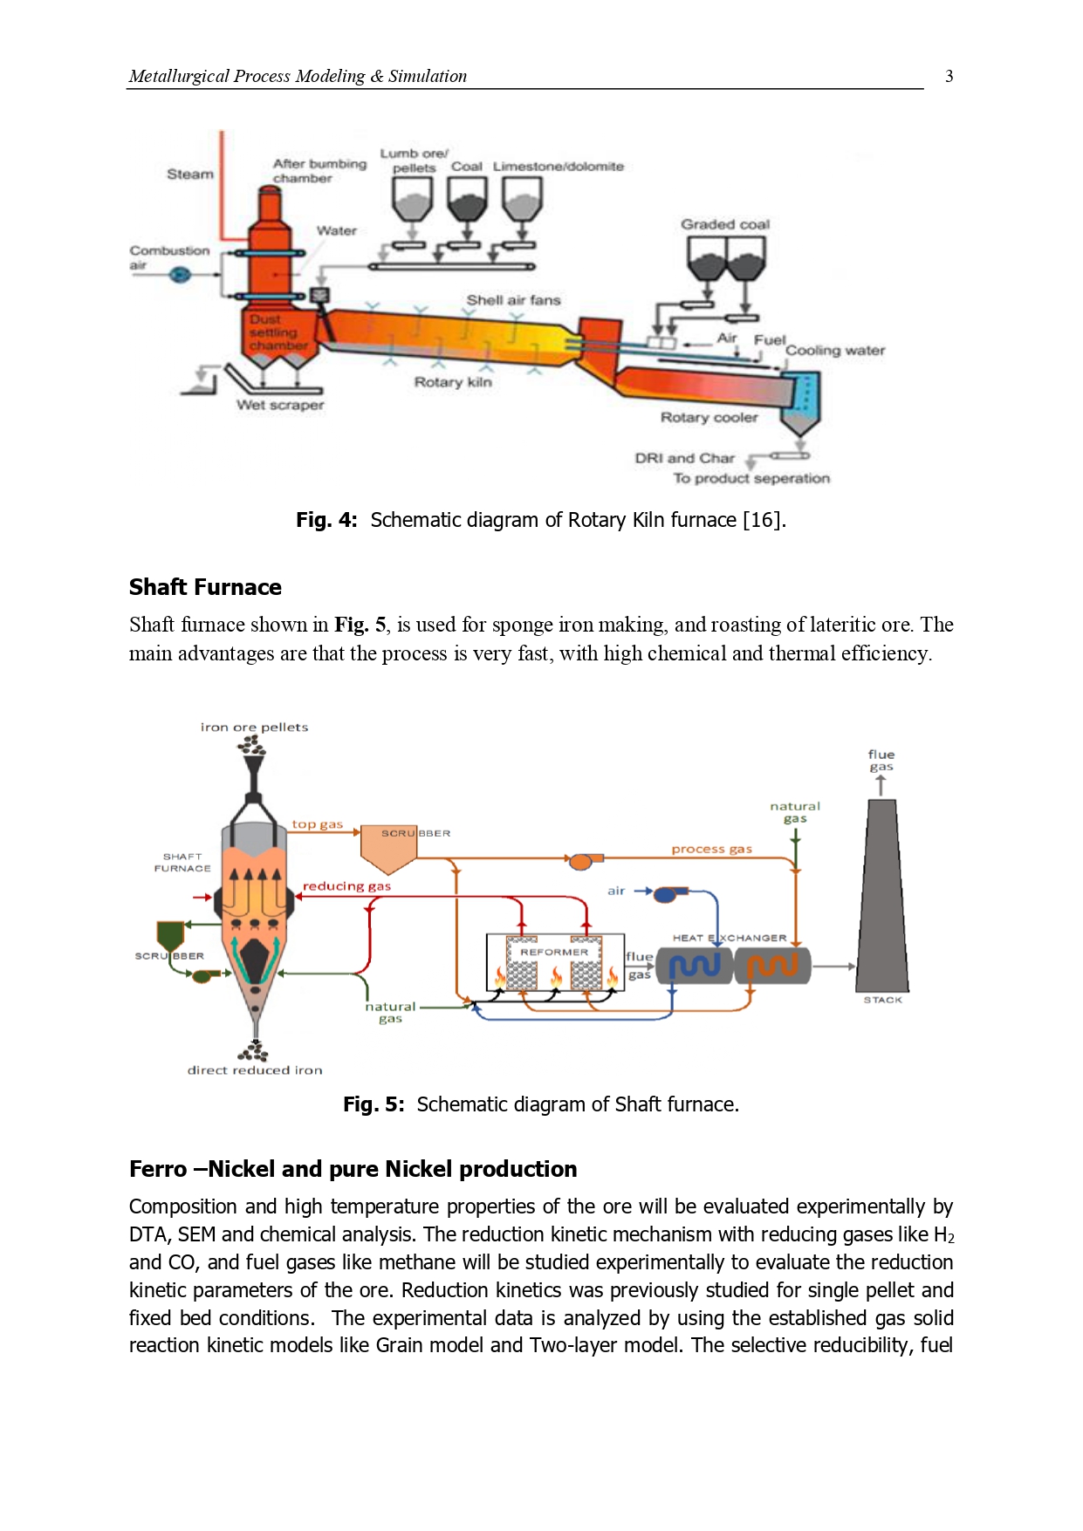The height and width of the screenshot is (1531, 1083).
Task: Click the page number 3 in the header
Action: (949, 76)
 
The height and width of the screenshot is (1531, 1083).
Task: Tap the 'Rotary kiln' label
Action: (452, 382)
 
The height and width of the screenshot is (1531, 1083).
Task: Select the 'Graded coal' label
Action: (724, 224)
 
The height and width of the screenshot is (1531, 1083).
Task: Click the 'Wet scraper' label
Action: (279, 405)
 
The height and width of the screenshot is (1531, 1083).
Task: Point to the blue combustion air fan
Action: (179, 275)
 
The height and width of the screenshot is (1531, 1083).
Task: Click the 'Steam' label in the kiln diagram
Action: (189, 174)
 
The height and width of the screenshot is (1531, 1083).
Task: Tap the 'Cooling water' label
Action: (834, 351)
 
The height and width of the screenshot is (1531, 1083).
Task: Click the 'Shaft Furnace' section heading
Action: (205, 587)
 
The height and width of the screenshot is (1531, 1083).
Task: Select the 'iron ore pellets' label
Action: (254, 727)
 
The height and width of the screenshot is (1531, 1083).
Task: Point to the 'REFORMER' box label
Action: (554, 952)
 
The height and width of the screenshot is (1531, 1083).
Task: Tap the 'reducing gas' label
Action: (346, 886)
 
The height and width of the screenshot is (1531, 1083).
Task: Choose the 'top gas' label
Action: (317, 824)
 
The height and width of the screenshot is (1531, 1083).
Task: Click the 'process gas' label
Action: (711, 849)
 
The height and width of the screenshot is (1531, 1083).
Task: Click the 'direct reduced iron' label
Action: (254, 1070)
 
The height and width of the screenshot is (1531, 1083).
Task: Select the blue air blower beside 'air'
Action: (670, 893)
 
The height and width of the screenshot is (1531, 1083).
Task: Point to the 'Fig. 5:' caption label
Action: (374, 1104)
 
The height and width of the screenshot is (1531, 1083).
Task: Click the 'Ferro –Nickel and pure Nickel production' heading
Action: (353, 1169)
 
